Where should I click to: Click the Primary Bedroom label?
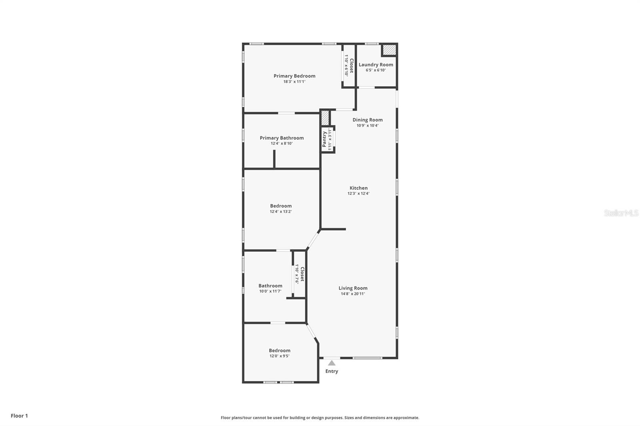[294, 76]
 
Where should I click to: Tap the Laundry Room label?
[376, 64]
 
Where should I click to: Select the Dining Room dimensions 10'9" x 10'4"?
[367, 125]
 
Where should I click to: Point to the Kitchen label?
[358, 188]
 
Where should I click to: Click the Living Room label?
[353, 288]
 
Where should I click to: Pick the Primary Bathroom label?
[282, 138]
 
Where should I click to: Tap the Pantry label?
[324, 139]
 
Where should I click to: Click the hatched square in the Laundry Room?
[389, 50]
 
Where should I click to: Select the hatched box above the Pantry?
[325, 118]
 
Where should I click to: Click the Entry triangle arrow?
[332, 363]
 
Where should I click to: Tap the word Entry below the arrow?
[332, 371]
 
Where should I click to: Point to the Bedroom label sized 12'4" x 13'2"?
[281, 206]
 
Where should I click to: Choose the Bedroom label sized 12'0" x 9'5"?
[280, 350]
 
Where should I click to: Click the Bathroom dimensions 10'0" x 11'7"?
[270, 291]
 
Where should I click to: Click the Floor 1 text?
[19, 416]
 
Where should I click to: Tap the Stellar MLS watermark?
[621, 213]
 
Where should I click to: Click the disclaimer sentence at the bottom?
[320, 418]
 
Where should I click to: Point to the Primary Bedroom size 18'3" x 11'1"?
[294, 82]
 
